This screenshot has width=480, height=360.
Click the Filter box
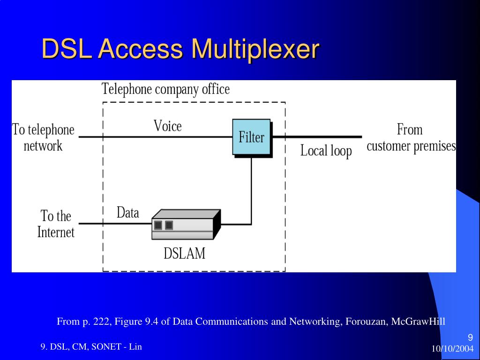tap(252, 137)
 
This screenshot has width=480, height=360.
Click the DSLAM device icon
tap(186, 225)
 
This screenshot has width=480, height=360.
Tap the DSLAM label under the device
tap(184, 253)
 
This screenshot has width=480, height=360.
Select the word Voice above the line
tap(167, 126)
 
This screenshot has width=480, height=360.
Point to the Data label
tap(127, 213)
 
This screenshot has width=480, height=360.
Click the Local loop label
tap(326, 151)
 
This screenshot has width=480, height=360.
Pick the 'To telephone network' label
tap(43, 137)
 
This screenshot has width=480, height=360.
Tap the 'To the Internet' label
tap(56, 224)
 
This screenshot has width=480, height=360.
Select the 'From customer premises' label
tap(411, 137)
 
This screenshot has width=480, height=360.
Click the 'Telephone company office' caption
tap(166, 89)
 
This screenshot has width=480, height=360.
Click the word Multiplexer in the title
tap(255, 49)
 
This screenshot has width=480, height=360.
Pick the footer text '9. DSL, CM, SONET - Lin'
tap(91, 347)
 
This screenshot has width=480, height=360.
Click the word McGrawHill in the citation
tap(419, 322)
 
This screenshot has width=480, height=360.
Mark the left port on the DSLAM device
tap(158, 225)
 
